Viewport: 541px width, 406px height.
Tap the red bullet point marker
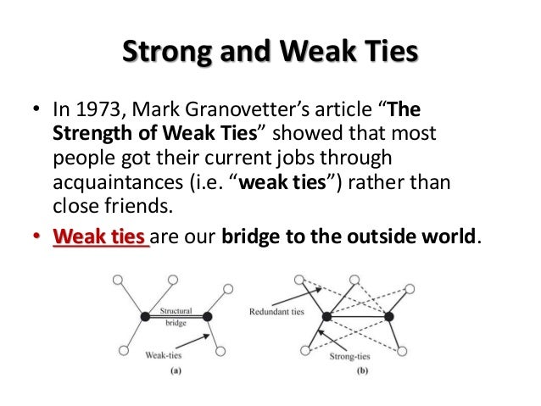36,238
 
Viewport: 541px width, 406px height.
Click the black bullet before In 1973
36,114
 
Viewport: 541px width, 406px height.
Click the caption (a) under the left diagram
173,370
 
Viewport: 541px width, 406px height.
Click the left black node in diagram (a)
146,316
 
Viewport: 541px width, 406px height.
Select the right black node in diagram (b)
389,317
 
